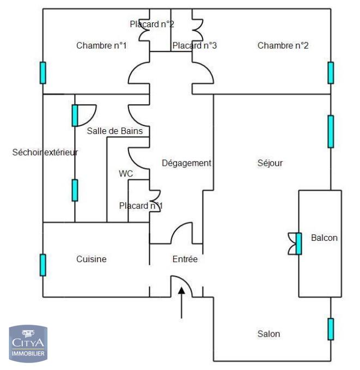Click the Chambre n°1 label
(x=101, y=46)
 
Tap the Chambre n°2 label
(x=283, y=46)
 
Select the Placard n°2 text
(x=152, y=24)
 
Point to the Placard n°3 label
(x=194, y=46)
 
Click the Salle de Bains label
(x=115, y=131)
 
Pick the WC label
(x=126, y=173)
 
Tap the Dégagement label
(x=186, y=163)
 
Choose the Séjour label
(x=270, y=163)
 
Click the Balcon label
(x=324, y=238)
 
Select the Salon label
(x=269, y=333)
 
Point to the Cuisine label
(x=91, y=259)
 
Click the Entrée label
(x=185, y=259)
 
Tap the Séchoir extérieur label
(x=45, y=152)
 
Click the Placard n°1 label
(x=141, y=205)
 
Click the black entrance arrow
(x=181, y=302)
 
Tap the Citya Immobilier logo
(x=28, y=343)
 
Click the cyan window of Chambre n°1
(x=43, y=72)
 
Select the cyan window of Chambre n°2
(x=331, y=72)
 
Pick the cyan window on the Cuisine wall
(x=43, y=264)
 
